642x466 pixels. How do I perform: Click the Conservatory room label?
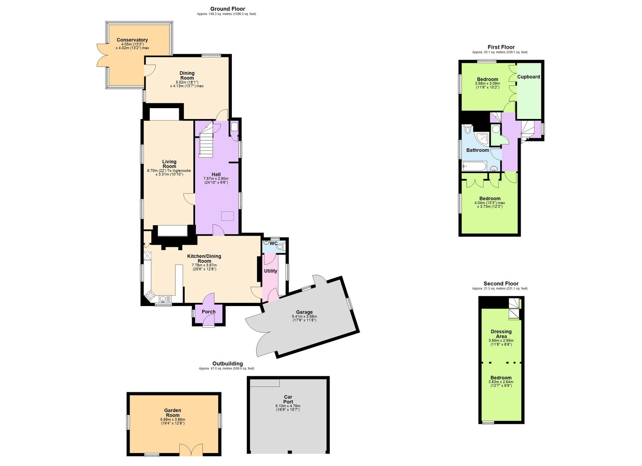coord(132,40)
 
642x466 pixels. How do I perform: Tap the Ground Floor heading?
coord(228,9)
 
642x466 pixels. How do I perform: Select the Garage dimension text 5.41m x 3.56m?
coord(304,317)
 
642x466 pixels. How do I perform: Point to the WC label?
coord(273,243)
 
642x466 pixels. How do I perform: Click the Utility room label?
coord(270,271)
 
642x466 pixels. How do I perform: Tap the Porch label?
coord(208,312)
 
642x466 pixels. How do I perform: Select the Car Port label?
coord(288,399)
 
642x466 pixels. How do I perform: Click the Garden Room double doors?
coord(191,450)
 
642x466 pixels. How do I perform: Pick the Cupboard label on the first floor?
coord(528,77)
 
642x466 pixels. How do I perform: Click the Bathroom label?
coord(477,150)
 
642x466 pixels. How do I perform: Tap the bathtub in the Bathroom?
coord(474,165)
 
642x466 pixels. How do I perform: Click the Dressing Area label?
coord(501,334)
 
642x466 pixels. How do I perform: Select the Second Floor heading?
coord(501,283)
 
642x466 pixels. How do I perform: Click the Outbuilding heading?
coord(228,363)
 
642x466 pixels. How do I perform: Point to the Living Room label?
coord(169,164)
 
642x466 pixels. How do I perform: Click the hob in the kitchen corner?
coord(151,296)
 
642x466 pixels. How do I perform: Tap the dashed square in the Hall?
coord(228,216)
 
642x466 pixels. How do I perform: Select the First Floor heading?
coord(501,47)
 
